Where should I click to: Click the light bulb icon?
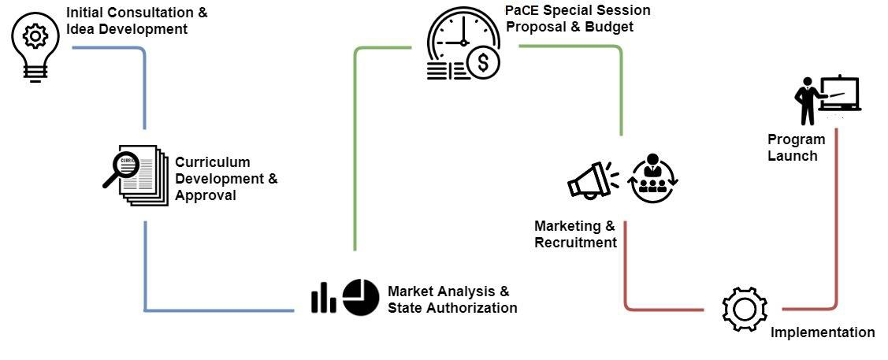point(34,47)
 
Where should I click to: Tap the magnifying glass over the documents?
point(123,168)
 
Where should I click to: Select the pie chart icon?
point(361,297)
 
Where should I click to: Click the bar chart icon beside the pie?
point(323,298)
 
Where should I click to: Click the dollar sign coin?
point(482,61)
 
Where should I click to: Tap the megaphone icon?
point(592,180)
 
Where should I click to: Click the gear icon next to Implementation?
point(744,308)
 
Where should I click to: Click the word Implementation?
point(822,332)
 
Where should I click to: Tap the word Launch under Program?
point(792,155)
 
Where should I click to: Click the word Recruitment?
point(575,243)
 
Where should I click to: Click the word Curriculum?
point(212,162)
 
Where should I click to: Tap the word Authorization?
point(470,307)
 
